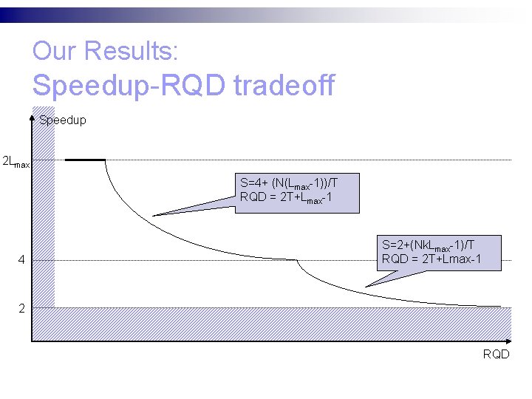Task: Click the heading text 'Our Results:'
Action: tap(105, 51)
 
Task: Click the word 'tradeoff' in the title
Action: tap(284, 86)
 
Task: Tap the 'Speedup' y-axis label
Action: tap(63, 120)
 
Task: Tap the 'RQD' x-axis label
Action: tap(496, 354)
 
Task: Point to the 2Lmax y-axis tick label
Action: tap(16, 161)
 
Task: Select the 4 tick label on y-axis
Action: tap(22, 260)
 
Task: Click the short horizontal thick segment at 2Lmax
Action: tap(85, 160)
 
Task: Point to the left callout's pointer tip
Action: tap(154, 215)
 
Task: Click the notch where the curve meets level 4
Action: tap(297, 260)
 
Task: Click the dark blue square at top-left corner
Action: tap(6, 14)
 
